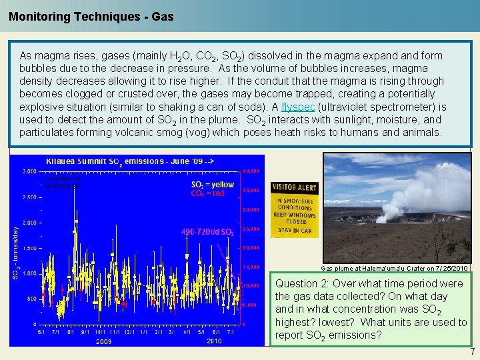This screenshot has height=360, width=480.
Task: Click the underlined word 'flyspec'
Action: click(x=296, y=107)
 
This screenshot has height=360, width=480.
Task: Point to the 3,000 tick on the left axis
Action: click(x=29, y=171)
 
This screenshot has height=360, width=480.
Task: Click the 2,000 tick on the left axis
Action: click(x=29, y=223)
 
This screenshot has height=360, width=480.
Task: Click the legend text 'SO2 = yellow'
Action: click(x=213, y=185)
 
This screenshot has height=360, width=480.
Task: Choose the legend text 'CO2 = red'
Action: click(x=207, y=193)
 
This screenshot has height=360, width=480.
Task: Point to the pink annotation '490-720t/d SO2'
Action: click(x=207, y=232)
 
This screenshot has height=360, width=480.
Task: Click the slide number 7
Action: click(x=472, y=351)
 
